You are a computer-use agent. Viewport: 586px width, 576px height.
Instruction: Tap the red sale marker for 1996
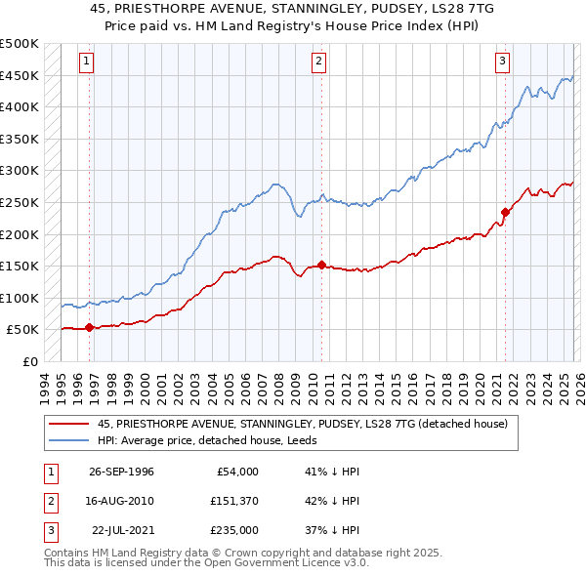90,327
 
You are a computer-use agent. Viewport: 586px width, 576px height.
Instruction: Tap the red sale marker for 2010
321,265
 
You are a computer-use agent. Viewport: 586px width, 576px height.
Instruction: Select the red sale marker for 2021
505,212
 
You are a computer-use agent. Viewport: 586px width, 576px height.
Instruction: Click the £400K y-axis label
20,107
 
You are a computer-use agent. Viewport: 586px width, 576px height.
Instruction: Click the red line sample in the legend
68,425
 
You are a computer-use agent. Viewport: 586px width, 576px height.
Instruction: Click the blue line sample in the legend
68,439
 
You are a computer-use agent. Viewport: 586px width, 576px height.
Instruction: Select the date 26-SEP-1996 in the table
121,472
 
